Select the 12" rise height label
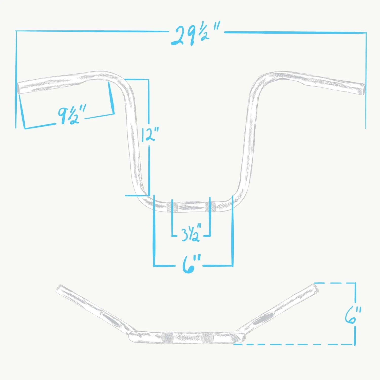tap(149, 134)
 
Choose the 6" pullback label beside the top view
tap(353, 315)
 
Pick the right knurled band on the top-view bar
tap(207, 338)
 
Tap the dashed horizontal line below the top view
tap(291, 344)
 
